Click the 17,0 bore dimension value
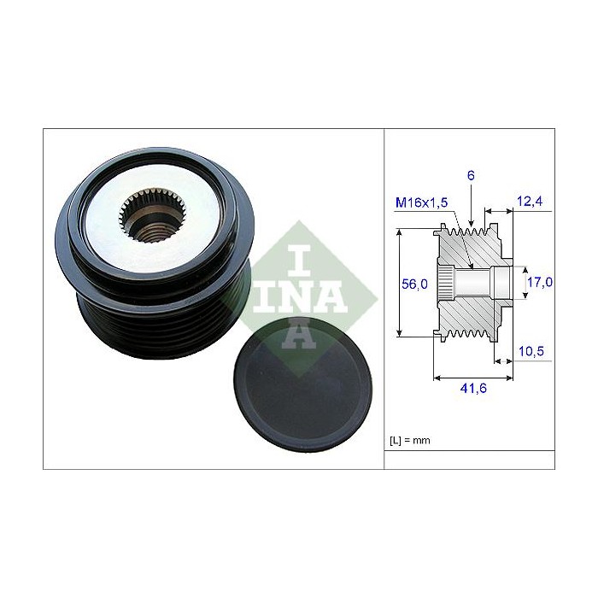(538, 281)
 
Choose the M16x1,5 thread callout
(422, 202)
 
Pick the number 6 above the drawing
(471, 175)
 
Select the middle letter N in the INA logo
(296, 296)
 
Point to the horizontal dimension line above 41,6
(474, 375)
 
